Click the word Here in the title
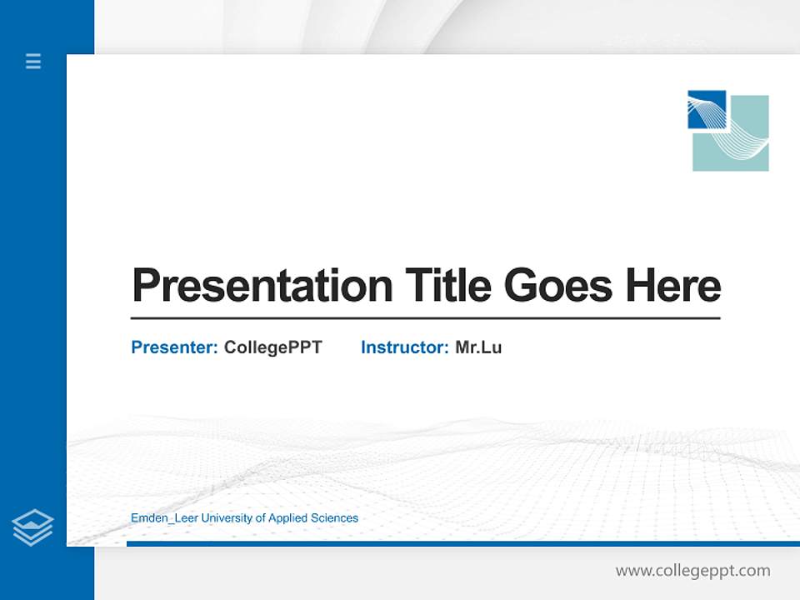point(673,286)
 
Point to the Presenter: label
point(174,347)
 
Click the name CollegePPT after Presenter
point(272,347)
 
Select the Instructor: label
point(404,347)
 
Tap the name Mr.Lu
point(478,347)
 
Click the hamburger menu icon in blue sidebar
point(33,61)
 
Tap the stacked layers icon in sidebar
point(32,527)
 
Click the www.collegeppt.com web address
point(692,571)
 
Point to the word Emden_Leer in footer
point(158,518)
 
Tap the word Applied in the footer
point(287,518)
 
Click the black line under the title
point(425,318)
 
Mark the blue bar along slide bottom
point(458,544)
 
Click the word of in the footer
point(260,518)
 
